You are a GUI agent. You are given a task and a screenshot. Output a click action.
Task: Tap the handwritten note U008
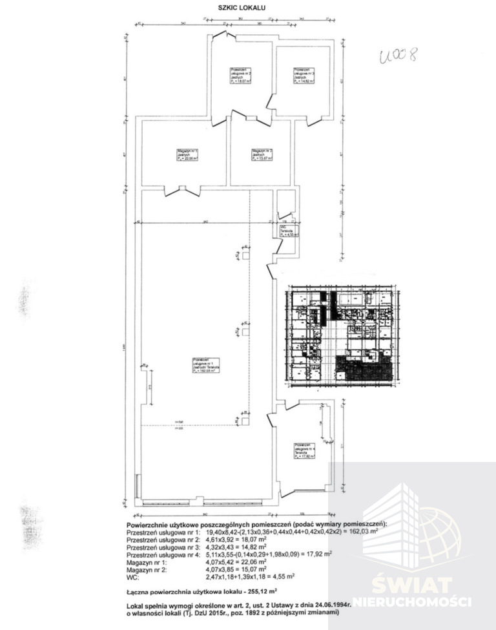(395, 53)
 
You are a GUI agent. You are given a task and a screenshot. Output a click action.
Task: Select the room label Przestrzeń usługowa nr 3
(303, 74)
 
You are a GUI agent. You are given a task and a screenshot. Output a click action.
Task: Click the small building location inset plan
(341, 338)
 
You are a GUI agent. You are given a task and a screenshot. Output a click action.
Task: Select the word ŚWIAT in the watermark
(411, 585)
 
